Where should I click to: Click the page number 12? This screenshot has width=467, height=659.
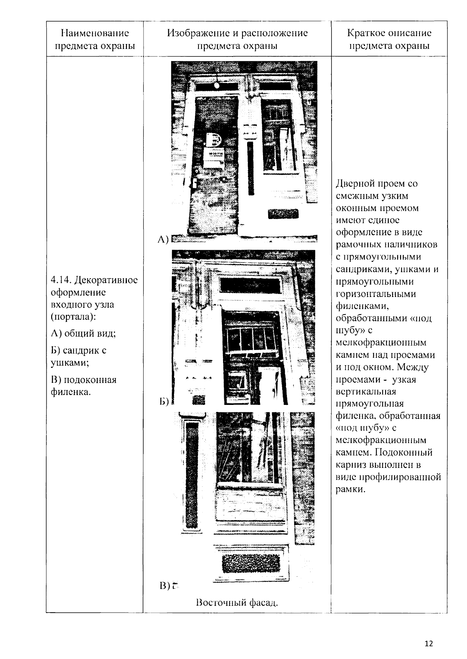click(429, 643)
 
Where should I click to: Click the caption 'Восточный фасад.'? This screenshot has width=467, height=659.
click(237, 603)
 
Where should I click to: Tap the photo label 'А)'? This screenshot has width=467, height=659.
click(163, 240)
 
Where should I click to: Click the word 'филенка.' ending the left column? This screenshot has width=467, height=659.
click(71, 392)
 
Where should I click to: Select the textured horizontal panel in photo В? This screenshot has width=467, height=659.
click(251, 563)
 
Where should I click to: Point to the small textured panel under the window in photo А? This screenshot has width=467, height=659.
click(283, 214)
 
